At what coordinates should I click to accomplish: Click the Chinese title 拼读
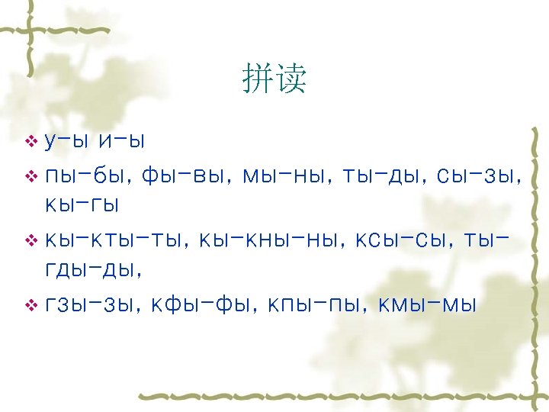[x=274, y=79]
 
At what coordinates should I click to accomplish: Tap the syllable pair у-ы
[x=68, y=142]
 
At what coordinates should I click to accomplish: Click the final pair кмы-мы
[x=425, y=305]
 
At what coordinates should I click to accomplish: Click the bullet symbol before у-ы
[x=31, y=142]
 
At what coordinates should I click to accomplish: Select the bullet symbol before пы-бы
[x=31, y=176]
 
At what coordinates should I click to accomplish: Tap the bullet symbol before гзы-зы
[x=31, y=306]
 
